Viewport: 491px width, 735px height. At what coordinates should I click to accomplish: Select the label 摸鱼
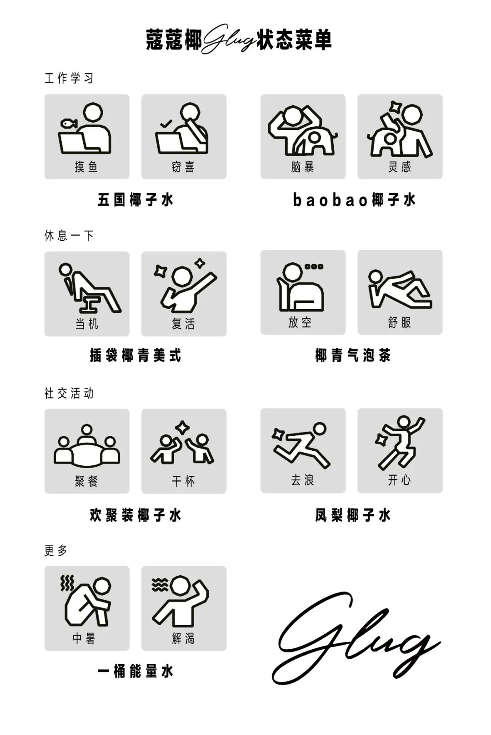click(x=86, y=167)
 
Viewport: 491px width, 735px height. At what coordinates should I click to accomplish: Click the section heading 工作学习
click(x=69, y=78)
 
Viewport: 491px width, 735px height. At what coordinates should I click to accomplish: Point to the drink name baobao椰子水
click(x=354, y=200)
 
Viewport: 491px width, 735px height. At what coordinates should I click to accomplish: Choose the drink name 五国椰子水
click(x=135, y=200)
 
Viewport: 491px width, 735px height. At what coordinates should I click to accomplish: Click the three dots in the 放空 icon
click(x=314, y=266)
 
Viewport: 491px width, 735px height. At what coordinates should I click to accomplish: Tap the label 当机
click(x=86, y=324)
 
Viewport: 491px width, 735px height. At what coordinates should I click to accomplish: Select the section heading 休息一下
click(x=69, y=236)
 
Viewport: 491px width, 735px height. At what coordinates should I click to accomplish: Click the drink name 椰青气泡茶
click(x=353, y=355)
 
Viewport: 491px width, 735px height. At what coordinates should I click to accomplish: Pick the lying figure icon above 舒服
click(x=400, y=289)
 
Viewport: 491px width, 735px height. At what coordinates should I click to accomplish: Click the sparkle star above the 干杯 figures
click(x=182, y=427)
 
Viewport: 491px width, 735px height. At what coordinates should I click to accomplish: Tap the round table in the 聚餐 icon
click(x=87, y=454)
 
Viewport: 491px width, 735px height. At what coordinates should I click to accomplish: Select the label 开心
click(x=400, y=480)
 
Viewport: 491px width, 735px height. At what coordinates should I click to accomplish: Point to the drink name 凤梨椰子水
click(x=353, y=515)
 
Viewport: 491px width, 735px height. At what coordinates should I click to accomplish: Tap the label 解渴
click(x=183, y=638)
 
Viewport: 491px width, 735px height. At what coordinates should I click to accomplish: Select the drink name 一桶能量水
click(x=135, y=671)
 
